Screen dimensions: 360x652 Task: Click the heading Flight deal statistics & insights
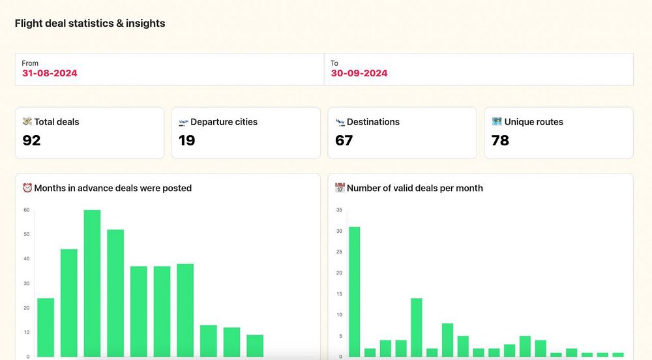(90, 23)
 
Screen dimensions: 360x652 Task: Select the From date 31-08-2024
(50, 73)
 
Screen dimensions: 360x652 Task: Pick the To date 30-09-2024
(359, 73)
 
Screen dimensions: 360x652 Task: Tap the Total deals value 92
(31, 140)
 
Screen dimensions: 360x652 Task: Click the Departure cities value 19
(187, 140)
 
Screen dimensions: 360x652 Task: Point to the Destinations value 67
(344, 140)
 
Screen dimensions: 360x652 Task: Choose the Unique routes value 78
(500, 140)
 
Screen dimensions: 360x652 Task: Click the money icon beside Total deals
(27, 122)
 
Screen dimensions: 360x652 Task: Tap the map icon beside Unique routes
(497, 122)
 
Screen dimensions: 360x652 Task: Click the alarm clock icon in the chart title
(27, 188)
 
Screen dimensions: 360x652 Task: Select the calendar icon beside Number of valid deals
(340, 188)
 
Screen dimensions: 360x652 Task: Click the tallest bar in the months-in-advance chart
(93, 283)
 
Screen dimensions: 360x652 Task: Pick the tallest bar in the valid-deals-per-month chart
(354, 292)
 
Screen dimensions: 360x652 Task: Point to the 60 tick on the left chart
(27, 210)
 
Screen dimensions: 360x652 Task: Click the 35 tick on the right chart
(339, 210)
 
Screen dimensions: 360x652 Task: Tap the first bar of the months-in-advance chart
(46, 327)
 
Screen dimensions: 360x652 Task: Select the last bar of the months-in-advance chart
(255, 346)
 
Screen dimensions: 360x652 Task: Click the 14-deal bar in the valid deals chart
(416, 327)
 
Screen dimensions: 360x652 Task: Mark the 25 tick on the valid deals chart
(339, 252)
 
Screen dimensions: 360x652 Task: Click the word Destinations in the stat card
(373, 122)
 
